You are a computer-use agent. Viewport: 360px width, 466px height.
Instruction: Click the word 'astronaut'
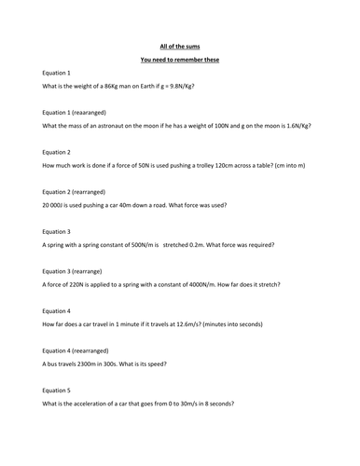[x=104, y=125]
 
